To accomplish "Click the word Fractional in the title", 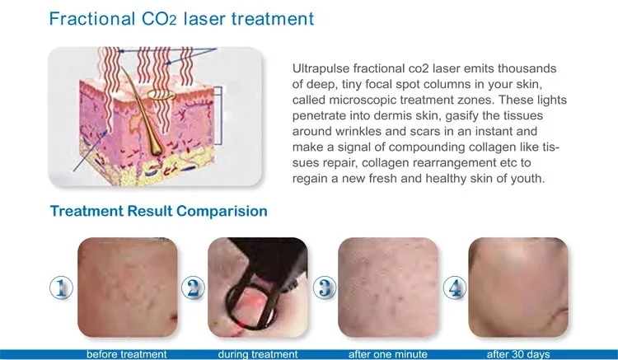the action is coord(92,18).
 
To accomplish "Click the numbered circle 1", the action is coord(62,288).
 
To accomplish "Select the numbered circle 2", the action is coord(193,288).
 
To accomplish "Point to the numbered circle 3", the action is coord(325,288).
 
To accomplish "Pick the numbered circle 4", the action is coord(455,288).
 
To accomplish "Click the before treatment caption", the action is coord(127,354).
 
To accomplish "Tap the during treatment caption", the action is coord(258,354).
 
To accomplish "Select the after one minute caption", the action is coord(388,354).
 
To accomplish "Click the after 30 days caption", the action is coord(518,354).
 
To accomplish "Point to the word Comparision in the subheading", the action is coord(222,211).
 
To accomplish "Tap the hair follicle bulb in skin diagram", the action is coord(155,147).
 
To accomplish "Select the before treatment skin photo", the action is coord(127,288).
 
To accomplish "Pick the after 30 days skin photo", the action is coord(518,288).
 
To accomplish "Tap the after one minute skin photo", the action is coord(388,288).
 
